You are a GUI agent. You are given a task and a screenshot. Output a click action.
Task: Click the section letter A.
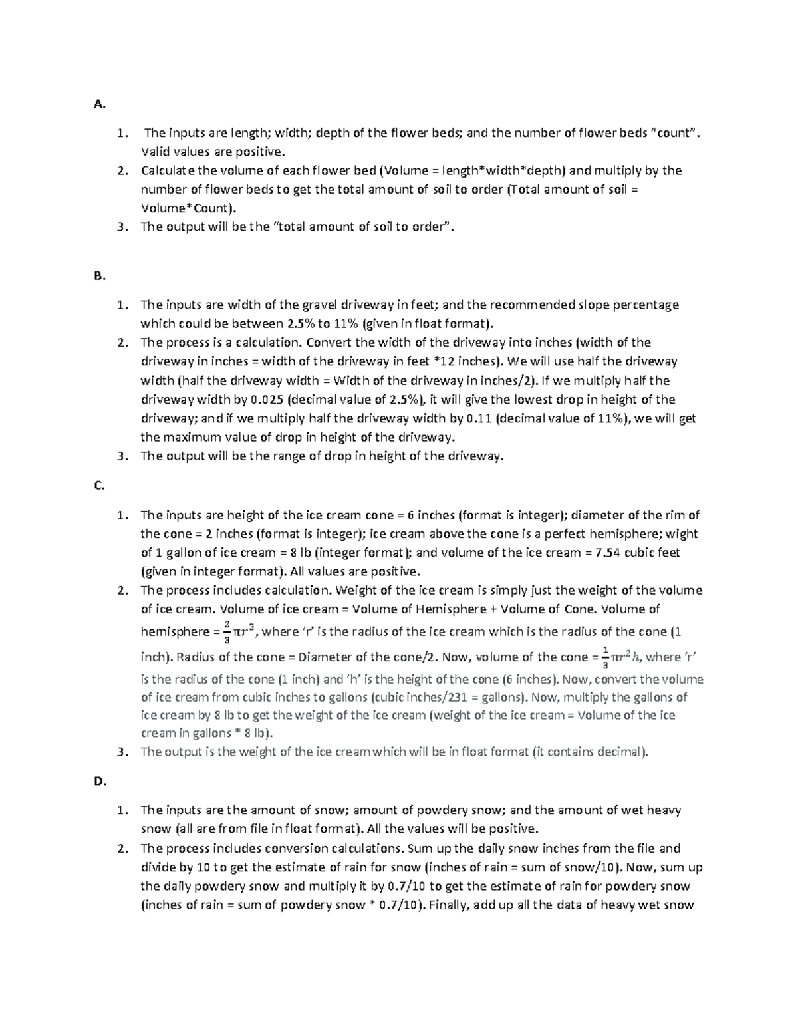[99, 104]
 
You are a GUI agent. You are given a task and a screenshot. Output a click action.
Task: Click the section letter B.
[99, 276]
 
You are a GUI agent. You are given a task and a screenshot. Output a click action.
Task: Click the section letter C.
[99, 486]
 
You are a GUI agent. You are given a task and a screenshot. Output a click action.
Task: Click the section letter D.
[100, 782]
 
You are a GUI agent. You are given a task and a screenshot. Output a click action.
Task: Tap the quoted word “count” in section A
[674, 132]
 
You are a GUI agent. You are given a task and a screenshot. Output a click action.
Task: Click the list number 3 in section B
[121, 456]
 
